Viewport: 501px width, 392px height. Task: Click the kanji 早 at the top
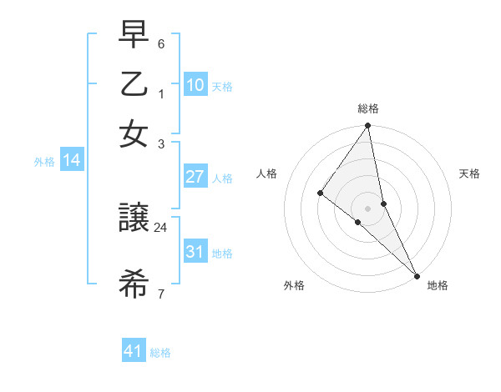click(x=134, y=36)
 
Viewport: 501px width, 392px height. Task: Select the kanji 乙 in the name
click(x=134, y=85)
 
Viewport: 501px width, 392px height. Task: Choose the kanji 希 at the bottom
click(x=134, y=284)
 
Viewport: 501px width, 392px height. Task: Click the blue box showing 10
click(x=195, y=84)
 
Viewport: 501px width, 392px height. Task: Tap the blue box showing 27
click(x=195, y=177)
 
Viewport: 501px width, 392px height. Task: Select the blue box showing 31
click(x=195, y=252)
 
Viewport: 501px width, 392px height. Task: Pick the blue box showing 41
click(x=134, y=351)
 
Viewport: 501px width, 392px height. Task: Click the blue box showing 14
click(x=72, y=160)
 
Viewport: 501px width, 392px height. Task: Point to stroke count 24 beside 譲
click(x=161, y=226)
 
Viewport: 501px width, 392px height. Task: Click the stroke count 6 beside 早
click(x=161, y=43)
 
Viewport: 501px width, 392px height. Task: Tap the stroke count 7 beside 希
click(x=161, y=293)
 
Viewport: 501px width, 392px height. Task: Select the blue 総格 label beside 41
click(x=160, y=353)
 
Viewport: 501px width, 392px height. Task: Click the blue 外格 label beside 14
click(x=44, y=162)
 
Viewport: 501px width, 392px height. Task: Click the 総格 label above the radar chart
click(x=367, y=108)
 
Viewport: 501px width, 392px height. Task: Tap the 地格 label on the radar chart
click(x=438, y=286)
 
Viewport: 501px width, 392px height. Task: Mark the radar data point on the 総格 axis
click(x=367, y=127)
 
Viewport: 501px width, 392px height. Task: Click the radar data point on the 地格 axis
click(x=417, y=274)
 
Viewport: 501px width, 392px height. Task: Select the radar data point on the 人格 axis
click(x=320, y=193)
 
